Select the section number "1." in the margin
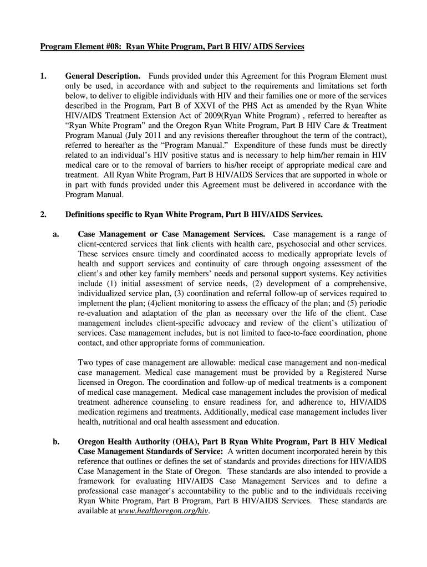43,76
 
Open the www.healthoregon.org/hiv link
164,511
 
